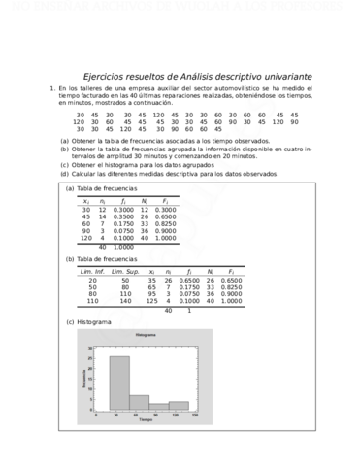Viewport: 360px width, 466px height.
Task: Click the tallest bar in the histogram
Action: (x=118, y=383)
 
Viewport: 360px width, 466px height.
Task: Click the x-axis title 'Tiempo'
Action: (x=146, y=420)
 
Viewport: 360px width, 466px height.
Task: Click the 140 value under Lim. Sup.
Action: (x=125, y=301)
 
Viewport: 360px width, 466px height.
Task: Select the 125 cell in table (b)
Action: (x=152, y=301)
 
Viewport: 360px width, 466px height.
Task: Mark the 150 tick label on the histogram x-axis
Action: (x=196, y=415)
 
